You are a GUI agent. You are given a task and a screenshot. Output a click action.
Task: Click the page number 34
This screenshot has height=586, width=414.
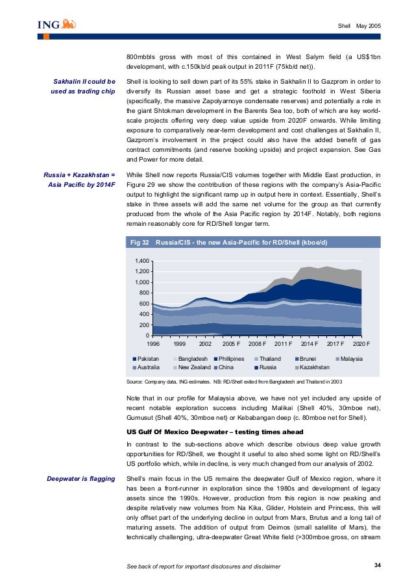pos(378,566)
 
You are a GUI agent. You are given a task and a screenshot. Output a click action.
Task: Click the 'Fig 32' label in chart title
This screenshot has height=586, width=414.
pos(140,243)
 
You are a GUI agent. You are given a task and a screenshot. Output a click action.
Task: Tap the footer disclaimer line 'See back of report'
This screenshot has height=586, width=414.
pos(204,567)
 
